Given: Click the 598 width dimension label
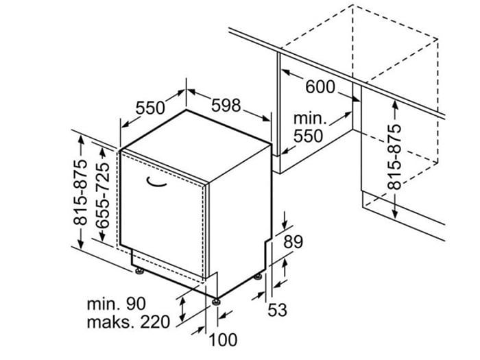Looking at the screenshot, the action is tap(226, 106).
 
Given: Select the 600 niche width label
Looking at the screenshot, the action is tap(320, 86).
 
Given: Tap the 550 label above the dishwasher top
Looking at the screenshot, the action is tap(150, 108).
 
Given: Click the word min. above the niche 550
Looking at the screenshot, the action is tap(310, 119).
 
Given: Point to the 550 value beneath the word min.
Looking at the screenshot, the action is tap(308, 136).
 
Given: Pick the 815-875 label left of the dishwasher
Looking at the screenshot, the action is tap(80, 192).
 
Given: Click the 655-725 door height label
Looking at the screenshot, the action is tap(102, 195).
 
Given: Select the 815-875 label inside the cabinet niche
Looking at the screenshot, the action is tap(394, 157).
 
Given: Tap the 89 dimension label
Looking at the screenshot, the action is tap(293, 242).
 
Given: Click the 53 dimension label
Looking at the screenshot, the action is tap(277, 310).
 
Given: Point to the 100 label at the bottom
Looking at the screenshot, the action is tap(223, 339).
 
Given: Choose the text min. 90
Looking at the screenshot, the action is tap(117, 304).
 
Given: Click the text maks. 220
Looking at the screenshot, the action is tap(128, 322).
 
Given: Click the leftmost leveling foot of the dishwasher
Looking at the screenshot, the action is tap(140, 272).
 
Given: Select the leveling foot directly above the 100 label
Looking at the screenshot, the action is tap(217, 302).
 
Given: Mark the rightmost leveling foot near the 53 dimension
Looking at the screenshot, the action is tap(258, 277).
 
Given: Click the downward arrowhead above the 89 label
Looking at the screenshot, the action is tap(285, 225).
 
